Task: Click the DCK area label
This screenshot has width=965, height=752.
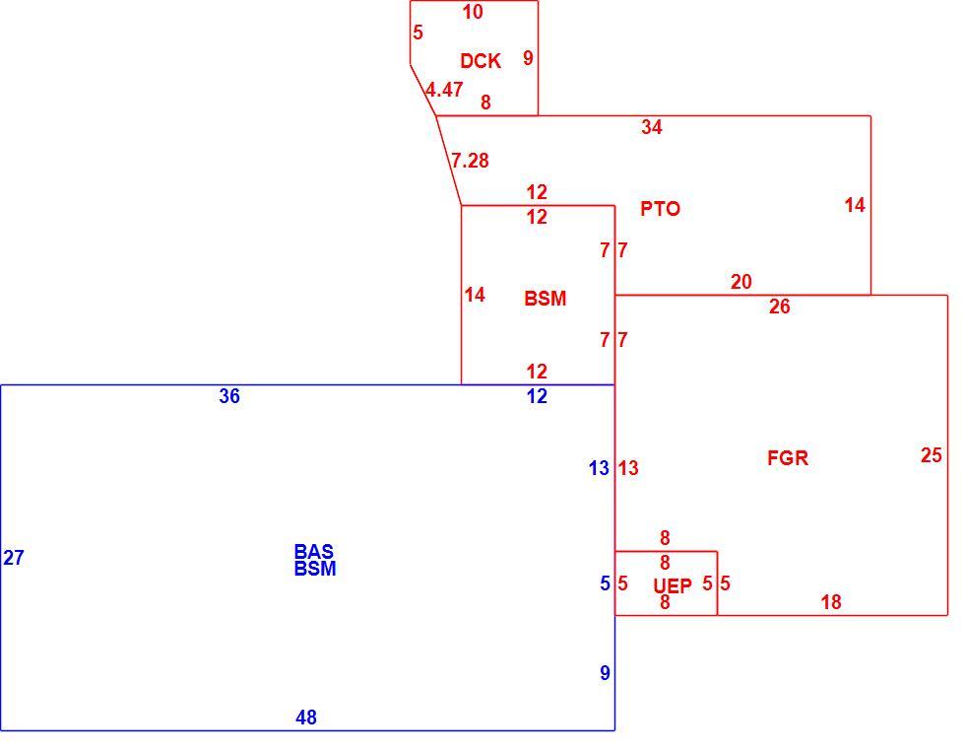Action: point(481,61)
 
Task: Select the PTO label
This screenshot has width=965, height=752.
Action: point(660,209)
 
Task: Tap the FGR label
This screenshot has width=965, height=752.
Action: point(787,458)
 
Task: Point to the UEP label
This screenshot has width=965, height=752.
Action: point(672,585)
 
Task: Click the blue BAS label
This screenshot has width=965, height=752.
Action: point(314,551)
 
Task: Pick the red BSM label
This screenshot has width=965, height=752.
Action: point(545,299)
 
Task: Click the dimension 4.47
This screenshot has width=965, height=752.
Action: point(444,90)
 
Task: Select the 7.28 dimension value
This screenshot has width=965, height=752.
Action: point(470,161)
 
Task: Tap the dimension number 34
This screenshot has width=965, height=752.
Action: point(652,127)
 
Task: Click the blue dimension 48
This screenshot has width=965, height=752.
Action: point(306,718)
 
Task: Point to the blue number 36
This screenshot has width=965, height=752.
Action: point(228,396)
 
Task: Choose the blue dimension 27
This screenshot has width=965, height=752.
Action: point(14,558)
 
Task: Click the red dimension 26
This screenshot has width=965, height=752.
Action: point(779,307)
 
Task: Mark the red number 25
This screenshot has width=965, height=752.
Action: point(932,455)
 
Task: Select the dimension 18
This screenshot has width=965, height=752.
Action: point(831,602)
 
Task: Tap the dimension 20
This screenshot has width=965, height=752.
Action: point(740,282)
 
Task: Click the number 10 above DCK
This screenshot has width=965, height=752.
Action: point(473,12)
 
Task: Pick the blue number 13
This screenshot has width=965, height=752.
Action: point(599,469)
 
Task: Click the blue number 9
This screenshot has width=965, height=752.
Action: point(605,673)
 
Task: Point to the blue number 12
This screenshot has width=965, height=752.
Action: point(537,396)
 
